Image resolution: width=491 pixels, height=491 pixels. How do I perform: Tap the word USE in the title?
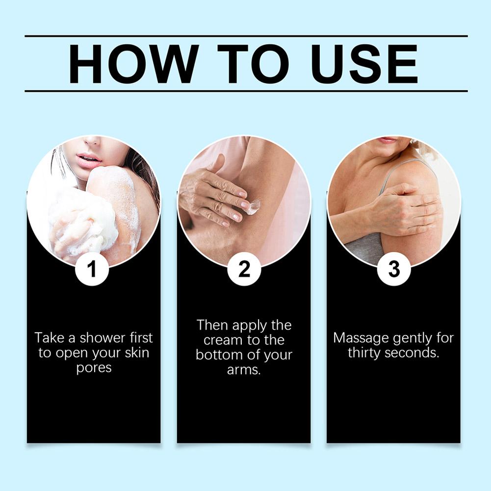click(364, 64)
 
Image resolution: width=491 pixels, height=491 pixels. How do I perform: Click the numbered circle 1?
click(92, 269)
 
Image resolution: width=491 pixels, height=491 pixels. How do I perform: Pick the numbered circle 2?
click(244, 269)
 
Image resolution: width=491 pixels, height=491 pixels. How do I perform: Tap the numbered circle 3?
click(394, 269)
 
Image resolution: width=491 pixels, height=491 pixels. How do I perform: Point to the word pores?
click(94, 368)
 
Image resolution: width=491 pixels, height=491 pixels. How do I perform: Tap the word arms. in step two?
click(244, 370)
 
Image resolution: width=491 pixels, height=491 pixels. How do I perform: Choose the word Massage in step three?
click(361, 338)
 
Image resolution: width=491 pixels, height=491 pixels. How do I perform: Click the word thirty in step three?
click(364, 353)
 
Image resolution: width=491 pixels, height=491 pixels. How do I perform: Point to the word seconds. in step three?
click(412, 353)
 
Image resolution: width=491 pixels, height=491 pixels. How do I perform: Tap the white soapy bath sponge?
click(82, 220)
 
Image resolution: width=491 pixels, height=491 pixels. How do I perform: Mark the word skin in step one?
click(137, 353)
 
